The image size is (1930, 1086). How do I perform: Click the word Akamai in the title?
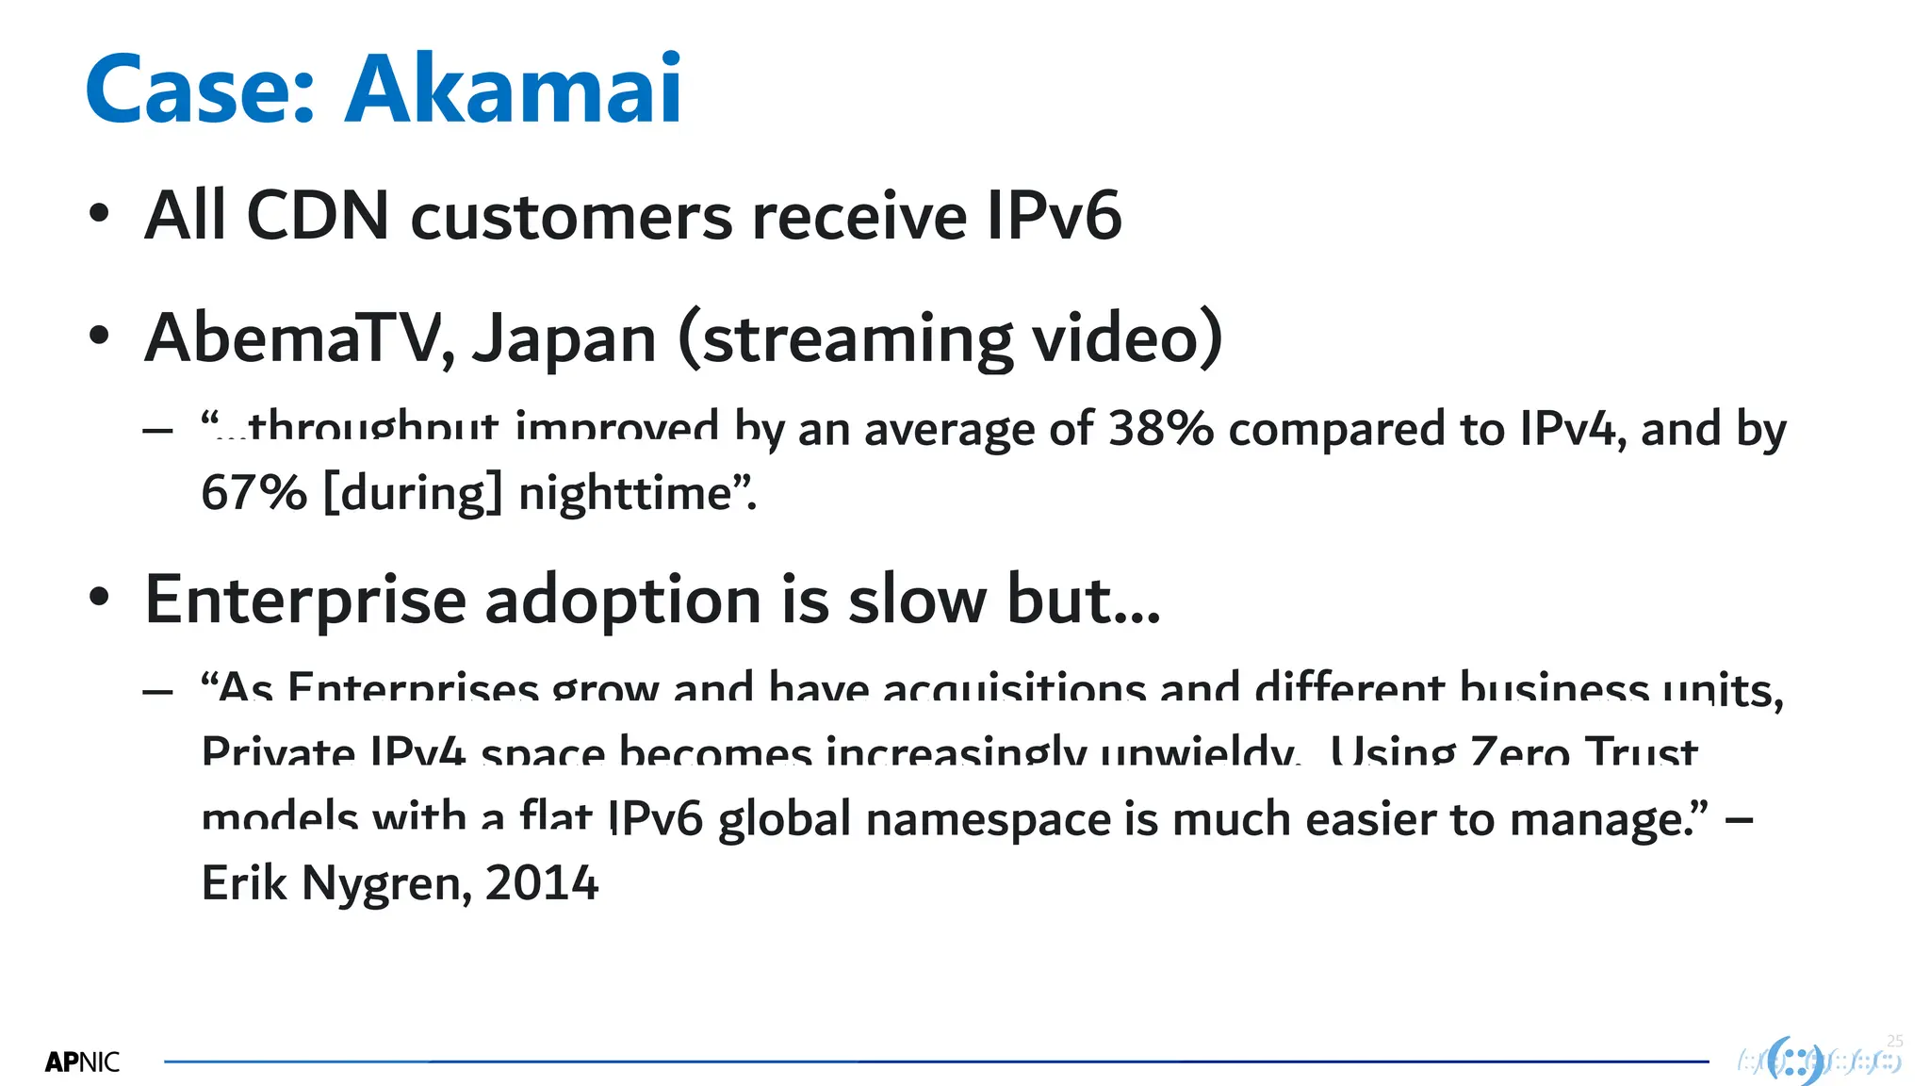(514, 90)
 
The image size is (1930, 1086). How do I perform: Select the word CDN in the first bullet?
(318, 216)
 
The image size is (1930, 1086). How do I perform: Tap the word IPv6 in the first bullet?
(1054, 216)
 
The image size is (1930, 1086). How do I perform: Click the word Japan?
(564, 339)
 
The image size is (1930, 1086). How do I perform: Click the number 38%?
(1161, 429)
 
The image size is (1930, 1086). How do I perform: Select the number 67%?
(254, 493)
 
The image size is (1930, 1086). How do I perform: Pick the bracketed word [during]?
(413, 493)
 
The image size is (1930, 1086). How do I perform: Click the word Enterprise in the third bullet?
(305, 601)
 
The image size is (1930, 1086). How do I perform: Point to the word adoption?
(623, 601)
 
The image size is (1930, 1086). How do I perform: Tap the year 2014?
(542, 883)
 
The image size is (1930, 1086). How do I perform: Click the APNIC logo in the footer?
(82, 1062)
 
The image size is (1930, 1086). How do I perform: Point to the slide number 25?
(1895, 1041)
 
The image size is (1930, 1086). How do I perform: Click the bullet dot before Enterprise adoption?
(99, 598)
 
